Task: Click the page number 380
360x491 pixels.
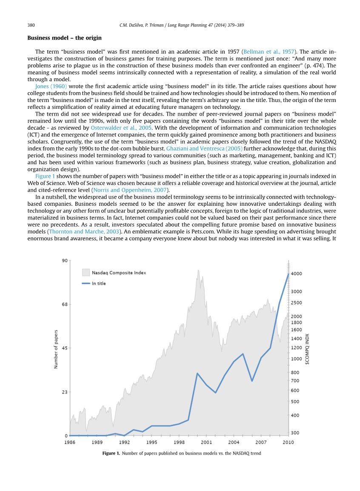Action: click(x=31, y=26)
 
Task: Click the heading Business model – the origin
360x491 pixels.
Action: click(x=64, y=38)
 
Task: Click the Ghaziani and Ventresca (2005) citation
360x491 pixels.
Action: click(x=204, y=148)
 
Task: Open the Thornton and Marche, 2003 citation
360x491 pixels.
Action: click(x=84, y=231)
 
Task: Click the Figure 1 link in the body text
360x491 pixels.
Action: click(x=45, y=176)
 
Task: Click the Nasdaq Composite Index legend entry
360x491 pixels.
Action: click(x=119, y=272)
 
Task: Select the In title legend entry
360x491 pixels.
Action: click(x=99, y=283)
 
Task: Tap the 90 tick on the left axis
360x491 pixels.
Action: click(x=65, y=260)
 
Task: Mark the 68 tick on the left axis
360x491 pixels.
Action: click(x=65, y=304)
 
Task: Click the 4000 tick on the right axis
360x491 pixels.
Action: click(x=296, y=274)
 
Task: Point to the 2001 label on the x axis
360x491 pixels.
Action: click(x=206, y=442)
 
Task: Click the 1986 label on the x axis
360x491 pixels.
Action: click(x=70, y=442)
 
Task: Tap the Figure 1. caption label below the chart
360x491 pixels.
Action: click(x=111, y=454)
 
